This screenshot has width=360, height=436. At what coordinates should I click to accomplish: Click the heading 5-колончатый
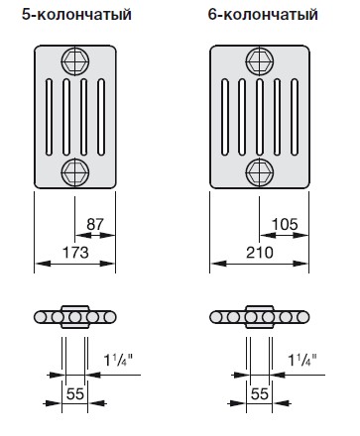[76, 15]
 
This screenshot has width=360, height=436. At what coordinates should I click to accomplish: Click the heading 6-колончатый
[263, 15]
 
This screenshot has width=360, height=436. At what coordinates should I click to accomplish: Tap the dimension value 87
[95, 224]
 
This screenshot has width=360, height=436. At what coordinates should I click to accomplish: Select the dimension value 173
[75, 253]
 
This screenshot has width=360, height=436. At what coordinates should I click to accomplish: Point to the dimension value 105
[285, 224]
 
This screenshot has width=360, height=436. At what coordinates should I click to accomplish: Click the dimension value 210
[260, 253]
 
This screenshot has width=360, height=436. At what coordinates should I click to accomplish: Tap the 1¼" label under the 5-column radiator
[118, 360]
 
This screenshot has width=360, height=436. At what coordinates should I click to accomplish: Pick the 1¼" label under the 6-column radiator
[302, 360]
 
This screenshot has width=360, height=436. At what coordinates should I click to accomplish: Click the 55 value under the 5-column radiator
[75, 394]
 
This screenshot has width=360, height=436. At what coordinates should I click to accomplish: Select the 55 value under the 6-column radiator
[260, 394]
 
